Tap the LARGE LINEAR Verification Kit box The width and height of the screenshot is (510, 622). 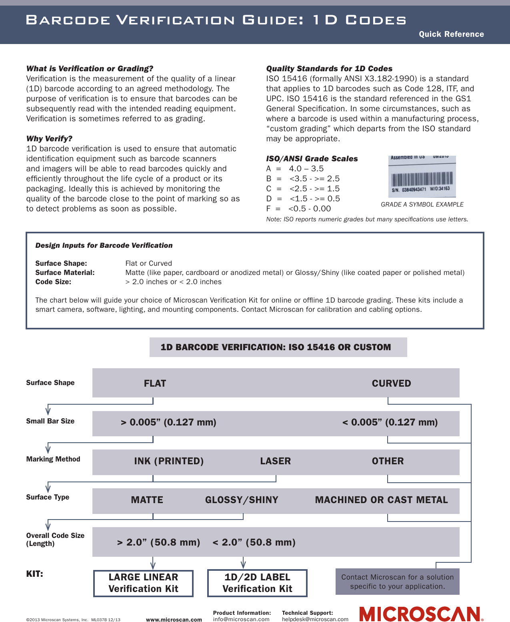(x=143, y=583)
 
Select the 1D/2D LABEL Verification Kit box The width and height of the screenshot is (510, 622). (x=257, y=583)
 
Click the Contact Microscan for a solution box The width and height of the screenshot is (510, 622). (x=397, y=582)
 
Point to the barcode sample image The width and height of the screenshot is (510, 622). (x=422, y=177)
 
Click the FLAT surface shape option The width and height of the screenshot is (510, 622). (x=155, y=383)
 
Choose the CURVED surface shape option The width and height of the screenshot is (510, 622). (x=391, y=383)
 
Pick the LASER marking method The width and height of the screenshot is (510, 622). (x=275, y=461)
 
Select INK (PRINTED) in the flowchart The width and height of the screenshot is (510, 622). (x=169, y=461)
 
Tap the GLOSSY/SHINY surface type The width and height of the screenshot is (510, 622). (x=242, y=500)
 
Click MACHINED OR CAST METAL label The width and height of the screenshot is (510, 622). (x=381, y=500)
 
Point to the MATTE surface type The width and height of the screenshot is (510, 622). (x=147, y=500)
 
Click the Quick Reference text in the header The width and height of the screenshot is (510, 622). (x=451, y=34)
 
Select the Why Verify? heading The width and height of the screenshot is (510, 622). (x=49, y=138)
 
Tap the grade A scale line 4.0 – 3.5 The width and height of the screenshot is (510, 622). (x=295, y=169)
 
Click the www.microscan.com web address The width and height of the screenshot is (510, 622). (x=174, y=620)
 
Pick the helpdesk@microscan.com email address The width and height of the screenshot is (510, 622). (x=315, y=619)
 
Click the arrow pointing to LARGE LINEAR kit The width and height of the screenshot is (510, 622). (x=153, y=564)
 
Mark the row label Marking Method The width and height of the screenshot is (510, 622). (x=53, y=459)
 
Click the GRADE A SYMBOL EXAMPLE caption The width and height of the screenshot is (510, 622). (x=422, y=205)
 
